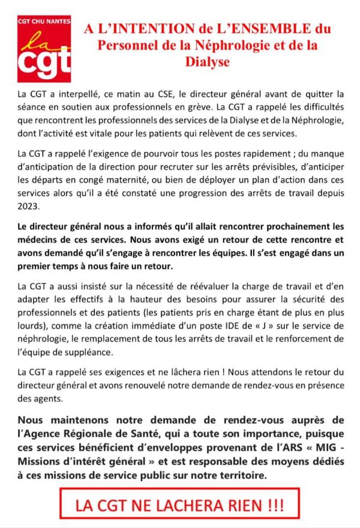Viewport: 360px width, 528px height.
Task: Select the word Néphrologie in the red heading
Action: (x=217, y=45)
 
